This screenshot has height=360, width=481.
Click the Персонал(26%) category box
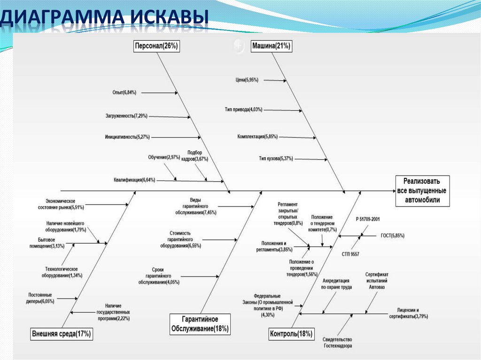156,46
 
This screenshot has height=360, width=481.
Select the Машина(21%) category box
272,46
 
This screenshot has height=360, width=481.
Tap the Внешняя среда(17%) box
62,334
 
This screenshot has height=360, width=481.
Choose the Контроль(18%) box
291,334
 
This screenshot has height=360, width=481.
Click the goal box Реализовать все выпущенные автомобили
422,191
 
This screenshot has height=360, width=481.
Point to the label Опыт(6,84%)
124,93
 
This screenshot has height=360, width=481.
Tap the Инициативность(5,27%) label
127,137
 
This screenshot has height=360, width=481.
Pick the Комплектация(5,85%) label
257,137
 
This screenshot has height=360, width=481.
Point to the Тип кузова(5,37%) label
276,159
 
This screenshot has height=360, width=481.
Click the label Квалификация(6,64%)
134,180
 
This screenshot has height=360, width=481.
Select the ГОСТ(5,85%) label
392,236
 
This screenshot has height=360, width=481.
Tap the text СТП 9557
350,254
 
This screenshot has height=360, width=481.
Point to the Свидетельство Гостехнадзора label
337,343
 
